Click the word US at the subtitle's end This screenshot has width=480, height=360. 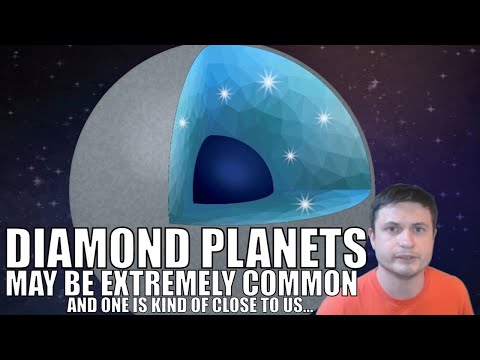pos(297,304)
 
